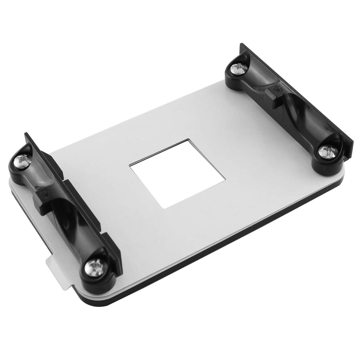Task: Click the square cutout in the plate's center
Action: pos(178,173)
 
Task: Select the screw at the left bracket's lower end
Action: pos(95,268)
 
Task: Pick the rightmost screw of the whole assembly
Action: pos(328,152)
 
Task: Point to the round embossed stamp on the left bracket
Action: pos(45,194)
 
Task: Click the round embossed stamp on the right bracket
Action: pos(277,89)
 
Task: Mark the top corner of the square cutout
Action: pos(189,140)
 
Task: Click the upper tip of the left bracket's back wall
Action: pos(26,134)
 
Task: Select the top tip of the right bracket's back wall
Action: pos(241,44)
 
